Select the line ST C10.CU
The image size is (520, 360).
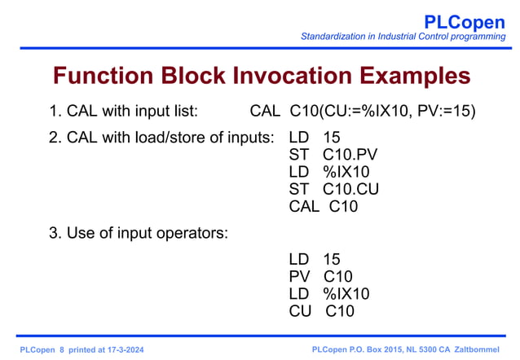[x=334, y=189]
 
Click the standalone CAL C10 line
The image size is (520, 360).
[x=323, y=206]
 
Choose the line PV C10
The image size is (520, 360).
[x=320, y=276]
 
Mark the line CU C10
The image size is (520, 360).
[x=320, y=311]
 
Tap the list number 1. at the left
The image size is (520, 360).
[x=55, y=110]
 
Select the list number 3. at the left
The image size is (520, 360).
[x=55, y=234]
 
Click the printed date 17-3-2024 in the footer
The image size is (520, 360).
[x=129, y=349]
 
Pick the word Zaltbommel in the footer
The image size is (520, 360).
[x=481, y=349]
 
